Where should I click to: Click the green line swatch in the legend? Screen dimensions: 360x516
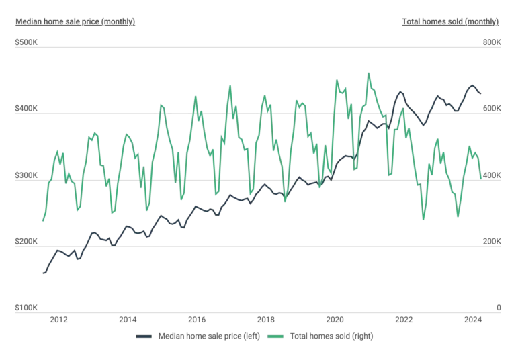[275, 335]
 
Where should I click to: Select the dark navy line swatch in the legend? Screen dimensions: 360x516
[144, 335]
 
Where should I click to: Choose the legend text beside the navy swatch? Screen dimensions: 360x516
[208, 335]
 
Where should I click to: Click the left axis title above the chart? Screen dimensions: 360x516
[75, 21]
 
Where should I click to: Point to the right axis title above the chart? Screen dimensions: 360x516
[448, 21]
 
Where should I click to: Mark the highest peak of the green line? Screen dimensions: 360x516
[368, 71]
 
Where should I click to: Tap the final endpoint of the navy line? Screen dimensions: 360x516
[481, 91]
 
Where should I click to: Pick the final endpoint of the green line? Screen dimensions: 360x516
[482, 178]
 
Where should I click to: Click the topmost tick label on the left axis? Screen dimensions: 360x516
[24, 43]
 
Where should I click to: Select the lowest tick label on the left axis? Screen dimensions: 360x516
[24, 308]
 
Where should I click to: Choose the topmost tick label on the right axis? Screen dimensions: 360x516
[492, 43]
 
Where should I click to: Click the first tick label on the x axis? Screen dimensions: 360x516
[59, 321]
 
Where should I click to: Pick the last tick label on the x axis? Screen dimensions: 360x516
[472, 321]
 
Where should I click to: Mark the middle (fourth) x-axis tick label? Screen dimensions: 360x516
[265, 321]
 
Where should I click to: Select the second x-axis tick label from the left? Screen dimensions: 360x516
[128, 321]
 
